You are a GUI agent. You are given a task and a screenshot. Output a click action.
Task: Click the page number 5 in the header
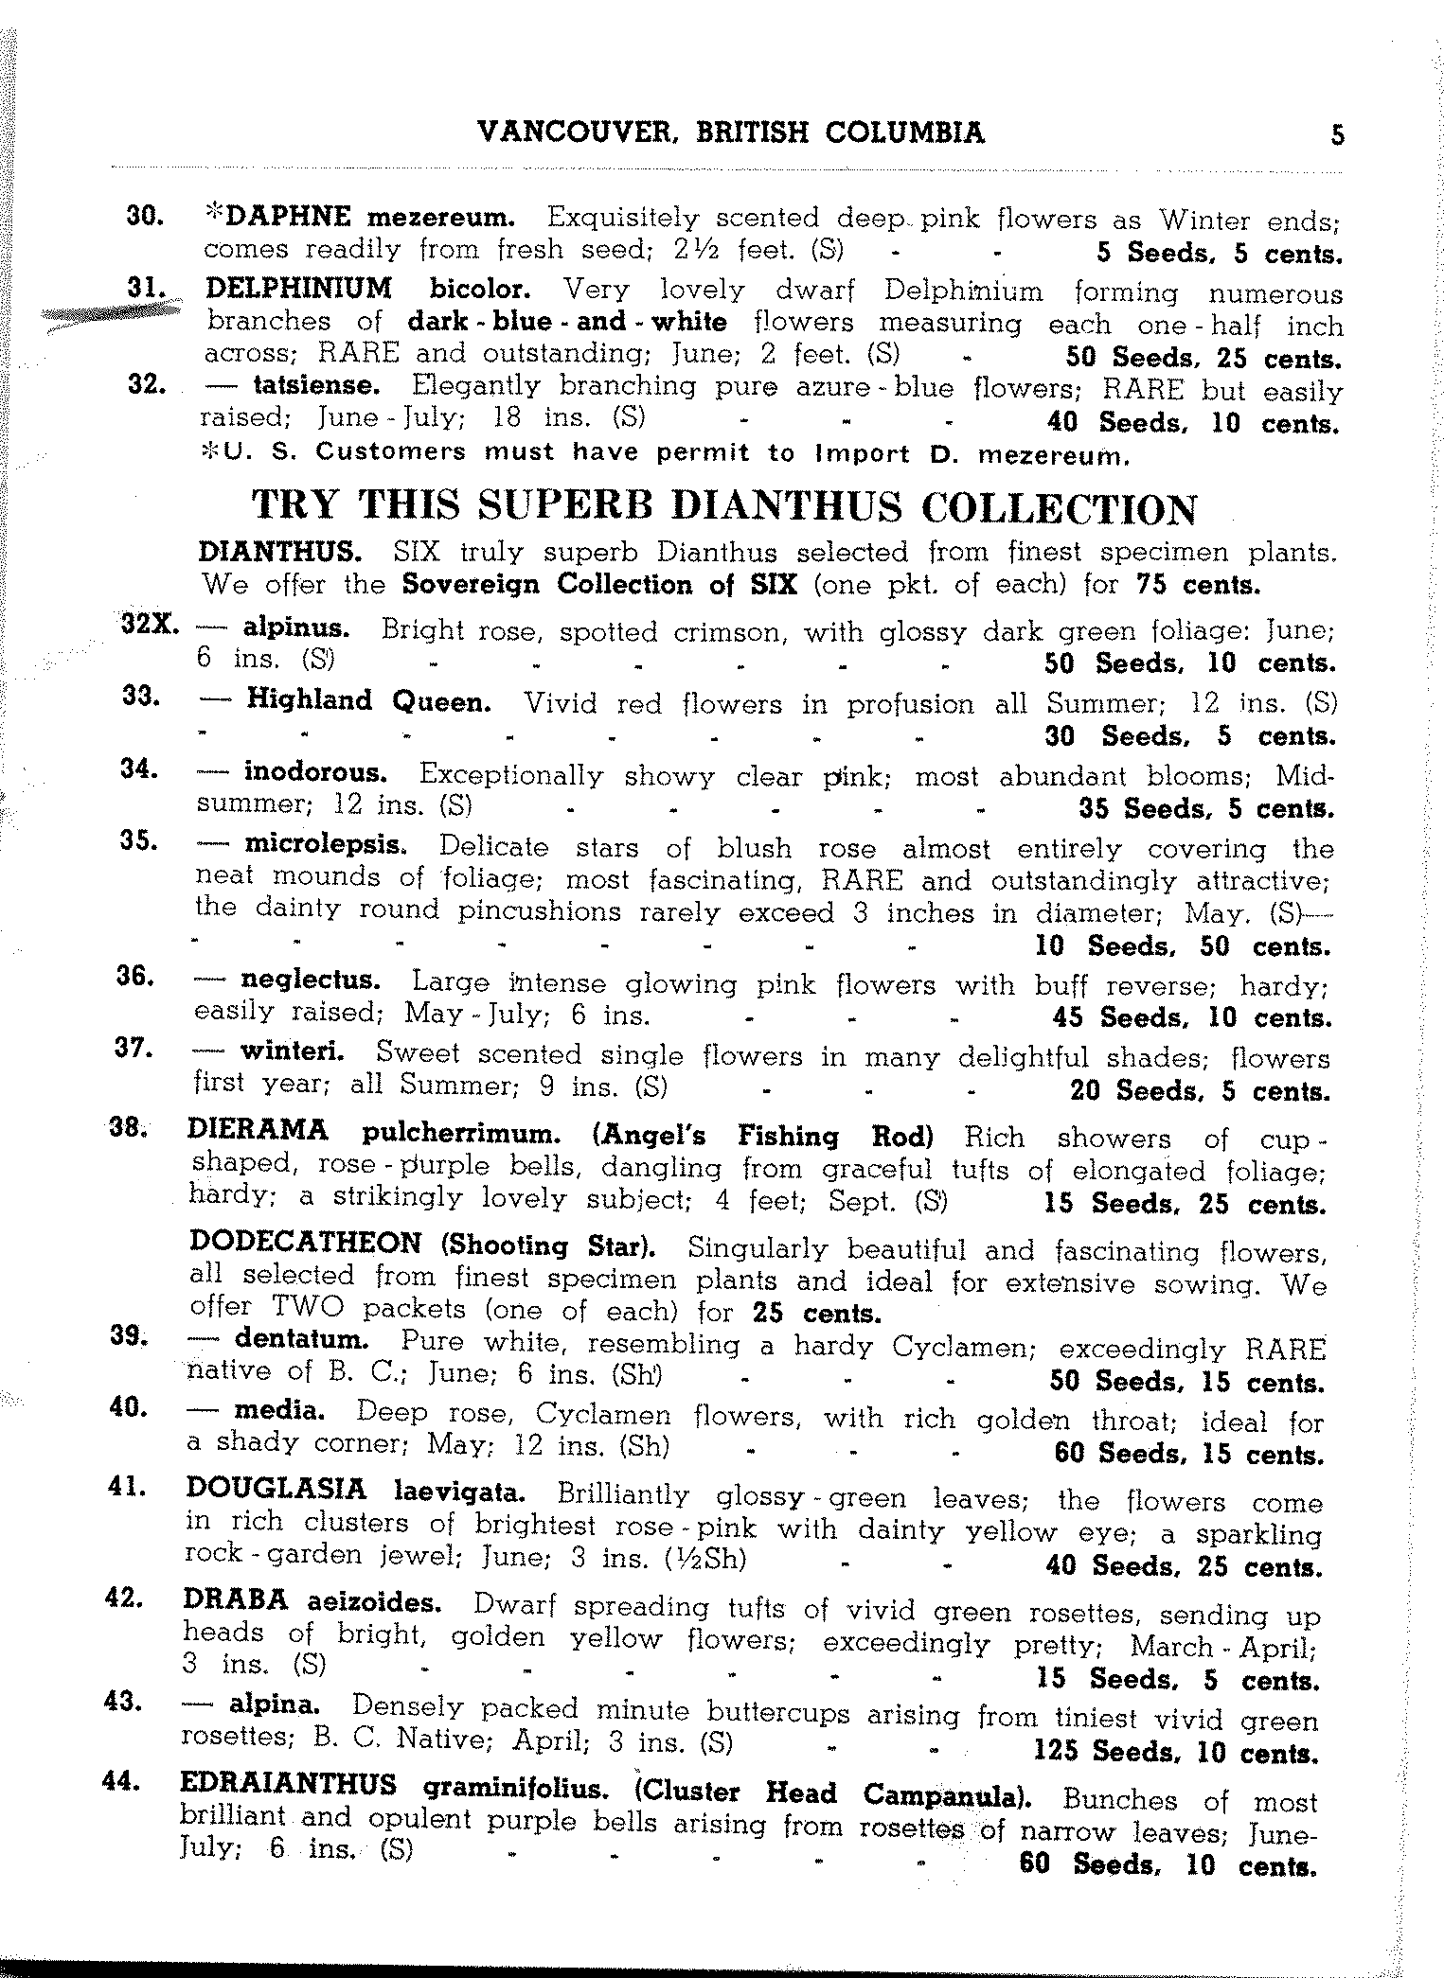pos(1337,134)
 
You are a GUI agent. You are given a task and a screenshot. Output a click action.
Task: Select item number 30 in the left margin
pos(147,217)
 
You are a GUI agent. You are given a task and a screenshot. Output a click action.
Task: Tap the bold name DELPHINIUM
pos(298,287)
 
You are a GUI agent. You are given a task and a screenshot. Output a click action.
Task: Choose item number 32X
pos(152,627)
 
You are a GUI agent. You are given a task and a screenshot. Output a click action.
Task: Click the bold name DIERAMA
pos(258,1130)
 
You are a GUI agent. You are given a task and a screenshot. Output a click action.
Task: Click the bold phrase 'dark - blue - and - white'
pos(566,322)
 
